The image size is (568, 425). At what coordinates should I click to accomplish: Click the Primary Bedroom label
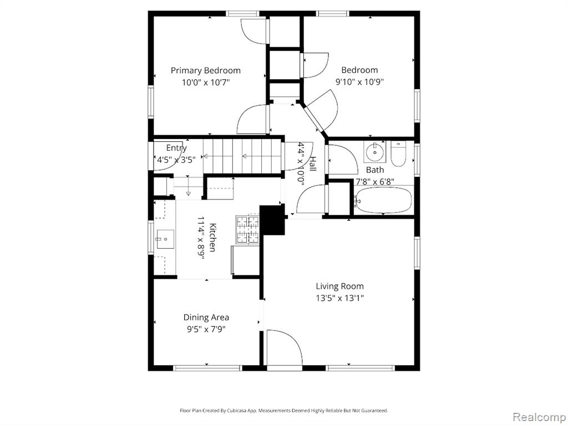pyautogui.click(x=205, y=70)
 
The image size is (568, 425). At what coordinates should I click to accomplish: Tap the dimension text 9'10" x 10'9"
pyautogui.click(x=359, y=82)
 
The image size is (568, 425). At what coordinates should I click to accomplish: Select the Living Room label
pyautogui.click(x=340, y=286)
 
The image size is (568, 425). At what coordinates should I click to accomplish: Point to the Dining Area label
pyautogui.click(x=206, y=318)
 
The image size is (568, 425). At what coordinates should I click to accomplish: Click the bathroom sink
pyautogui.click(x=374, y=153)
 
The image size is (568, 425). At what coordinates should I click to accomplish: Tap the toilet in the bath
pyautogui.click(x=398, y=154)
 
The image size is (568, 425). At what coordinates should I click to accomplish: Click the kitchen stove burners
pyautogui.click(x=248, y=229)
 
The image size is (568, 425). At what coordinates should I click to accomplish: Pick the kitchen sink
pyautogui.click(x=165, y=239)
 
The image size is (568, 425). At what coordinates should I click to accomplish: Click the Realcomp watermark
pyautogui.click(x=539, y=417)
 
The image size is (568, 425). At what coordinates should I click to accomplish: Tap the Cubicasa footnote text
pyautogui.click(x=283, y=411)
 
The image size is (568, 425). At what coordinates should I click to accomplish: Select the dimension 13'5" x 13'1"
pyautogui.click(x=340, y=298)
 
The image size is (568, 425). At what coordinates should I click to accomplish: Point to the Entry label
pyautogui.click(x=176, y=148)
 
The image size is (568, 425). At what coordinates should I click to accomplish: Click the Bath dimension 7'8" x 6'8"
pyautogui.click(x=374, y=181)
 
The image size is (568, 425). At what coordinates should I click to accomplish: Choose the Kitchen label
pyautogui.click(x=213, y=238)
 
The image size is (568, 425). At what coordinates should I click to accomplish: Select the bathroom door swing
pyautogui.click(x=343, y=159)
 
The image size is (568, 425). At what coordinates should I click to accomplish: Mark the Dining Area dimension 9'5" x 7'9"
pyautogui.click(x=206, y=330)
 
